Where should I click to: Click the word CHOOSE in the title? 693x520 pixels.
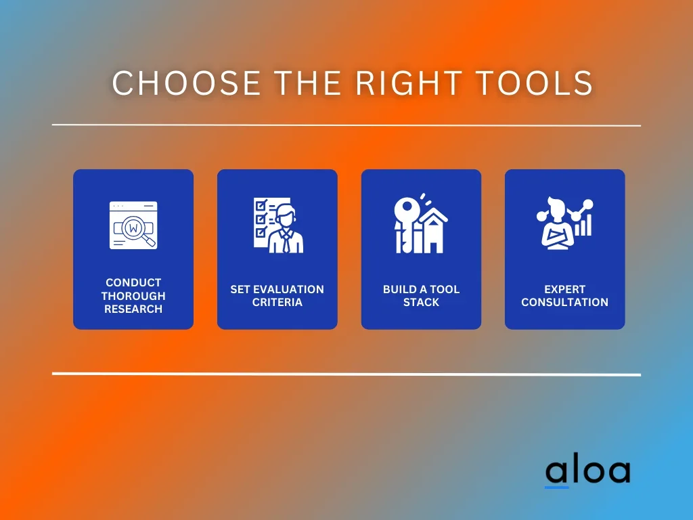186,83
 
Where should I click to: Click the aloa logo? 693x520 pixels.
587,471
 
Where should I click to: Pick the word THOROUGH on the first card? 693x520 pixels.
133,296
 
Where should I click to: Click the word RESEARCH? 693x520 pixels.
133,309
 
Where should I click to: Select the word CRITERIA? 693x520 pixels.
277,302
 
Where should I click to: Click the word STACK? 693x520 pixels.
421,302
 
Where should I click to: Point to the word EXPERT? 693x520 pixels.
565,289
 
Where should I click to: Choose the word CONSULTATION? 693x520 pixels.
565,302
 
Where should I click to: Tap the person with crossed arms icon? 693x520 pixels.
557,223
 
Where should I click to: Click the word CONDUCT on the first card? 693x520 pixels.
133,282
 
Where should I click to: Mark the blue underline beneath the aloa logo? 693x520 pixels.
556,487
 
